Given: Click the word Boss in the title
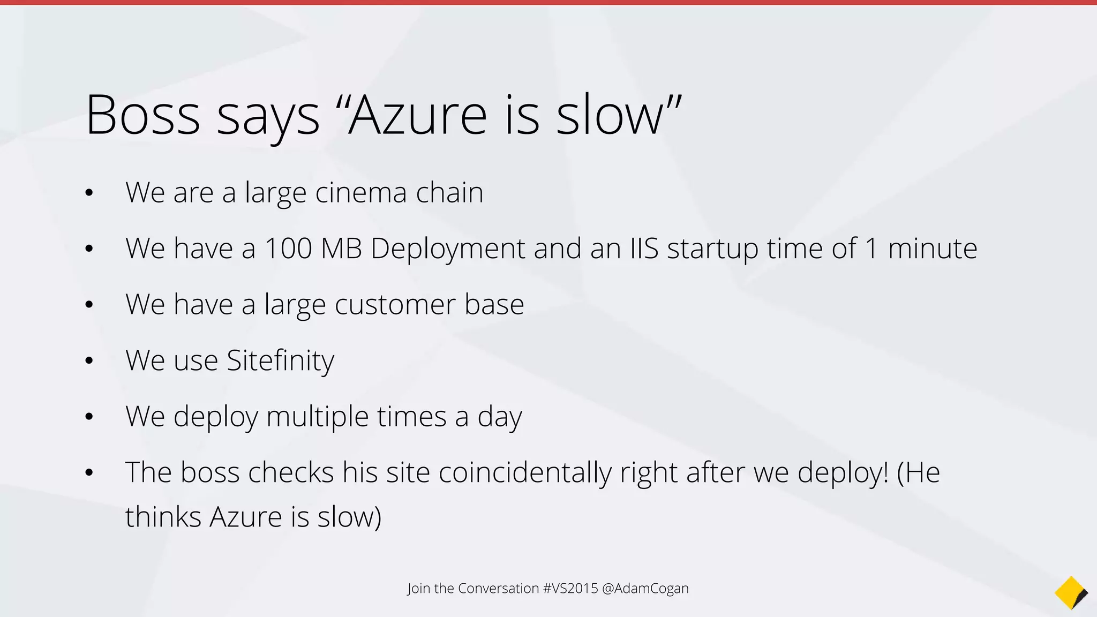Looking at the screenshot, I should pyautogui.click(x=142, y=115).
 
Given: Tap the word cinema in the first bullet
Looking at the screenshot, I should pyautogui.click(x=361, y=192).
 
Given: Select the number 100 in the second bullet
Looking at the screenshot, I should pyautogui.click(x=288, y=249).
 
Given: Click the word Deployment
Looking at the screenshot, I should pyautogui.click(x=448, y=249).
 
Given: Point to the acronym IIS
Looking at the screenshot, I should pyautogui.click(x=644, y=249).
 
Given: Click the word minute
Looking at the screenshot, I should pyautogui.click(x=932, y=249).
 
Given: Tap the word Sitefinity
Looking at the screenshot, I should pyautogui.click(x=280, y=360).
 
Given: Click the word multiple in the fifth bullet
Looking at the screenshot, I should pyautogui.click(x=317, y=416).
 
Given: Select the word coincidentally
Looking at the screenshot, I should pyautogui.click(x=525, y=472).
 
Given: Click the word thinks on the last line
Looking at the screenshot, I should pyautogui.click(x=163, y=517).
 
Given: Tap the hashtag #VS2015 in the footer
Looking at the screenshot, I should pyautogui.click(x=570, y=588).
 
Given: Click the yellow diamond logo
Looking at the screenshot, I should pyautogui.click(x=1071, y=592).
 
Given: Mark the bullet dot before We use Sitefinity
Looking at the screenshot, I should pyautogui.click(x=89, y=361).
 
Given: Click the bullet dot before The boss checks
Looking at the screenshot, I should pyautogui.click(x=89, y=473).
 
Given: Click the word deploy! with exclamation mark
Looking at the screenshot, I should pyautogui.click(x=843, y=472).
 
